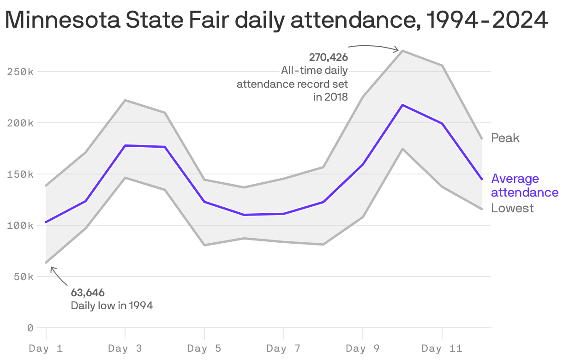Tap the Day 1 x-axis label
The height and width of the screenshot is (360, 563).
pyautogui.click(x=46, y=348)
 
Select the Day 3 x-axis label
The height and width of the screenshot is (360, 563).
pyautogui.click(x=125, y=348)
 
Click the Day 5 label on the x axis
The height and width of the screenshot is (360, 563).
pyautogui.click(x=204, y=348)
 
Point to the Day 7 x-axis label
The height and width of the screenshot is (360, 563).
pyautogui.click(x=283, y=348)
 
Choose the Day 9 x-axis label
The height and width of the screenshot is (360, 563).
pyautogui.click(x=363, y=348)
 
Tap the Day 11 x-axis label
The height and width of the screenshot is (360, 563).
pyautogui.click(x=442, y=348)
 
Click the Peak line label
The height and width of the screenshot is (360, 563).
pyautogui.click(x=505, y=138)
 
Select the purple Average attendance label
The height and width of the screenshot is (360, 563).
pyautogui.click(x=525, y=186)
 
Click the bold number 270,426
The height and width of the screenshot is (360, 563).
pyautogui.click(x=328, y=57)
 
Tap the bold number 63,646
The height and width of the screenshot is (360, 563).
pyautogui.click(x=88, y=293)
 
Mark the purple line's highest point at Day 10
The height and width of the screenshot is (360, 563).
pyautogui.click(x=403, y=105)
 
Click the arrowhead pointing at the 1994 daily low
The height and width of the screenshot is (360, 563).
pyautogui.click(x=51, y=268)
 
